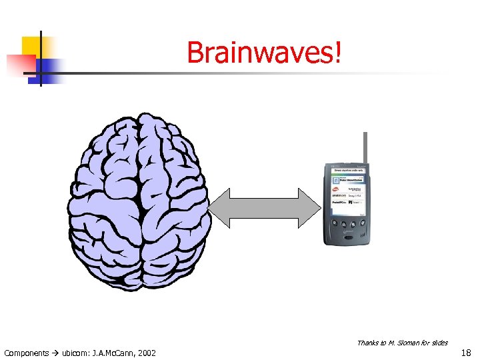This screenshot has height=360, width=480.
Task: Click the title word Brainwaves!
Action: coord(265,53)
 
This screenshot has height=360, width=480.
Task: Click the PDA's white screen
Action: coord(348,189)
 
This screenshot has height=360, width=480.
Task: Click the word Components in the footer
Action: coord(27,352)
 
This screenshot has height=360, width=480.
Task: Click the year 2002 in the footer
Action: coord(145,352)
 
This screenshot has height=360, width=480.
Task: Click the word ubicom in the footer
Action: coord(75,352)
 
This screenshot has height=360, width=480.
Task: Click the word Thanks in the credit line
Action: coord(368,343)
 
